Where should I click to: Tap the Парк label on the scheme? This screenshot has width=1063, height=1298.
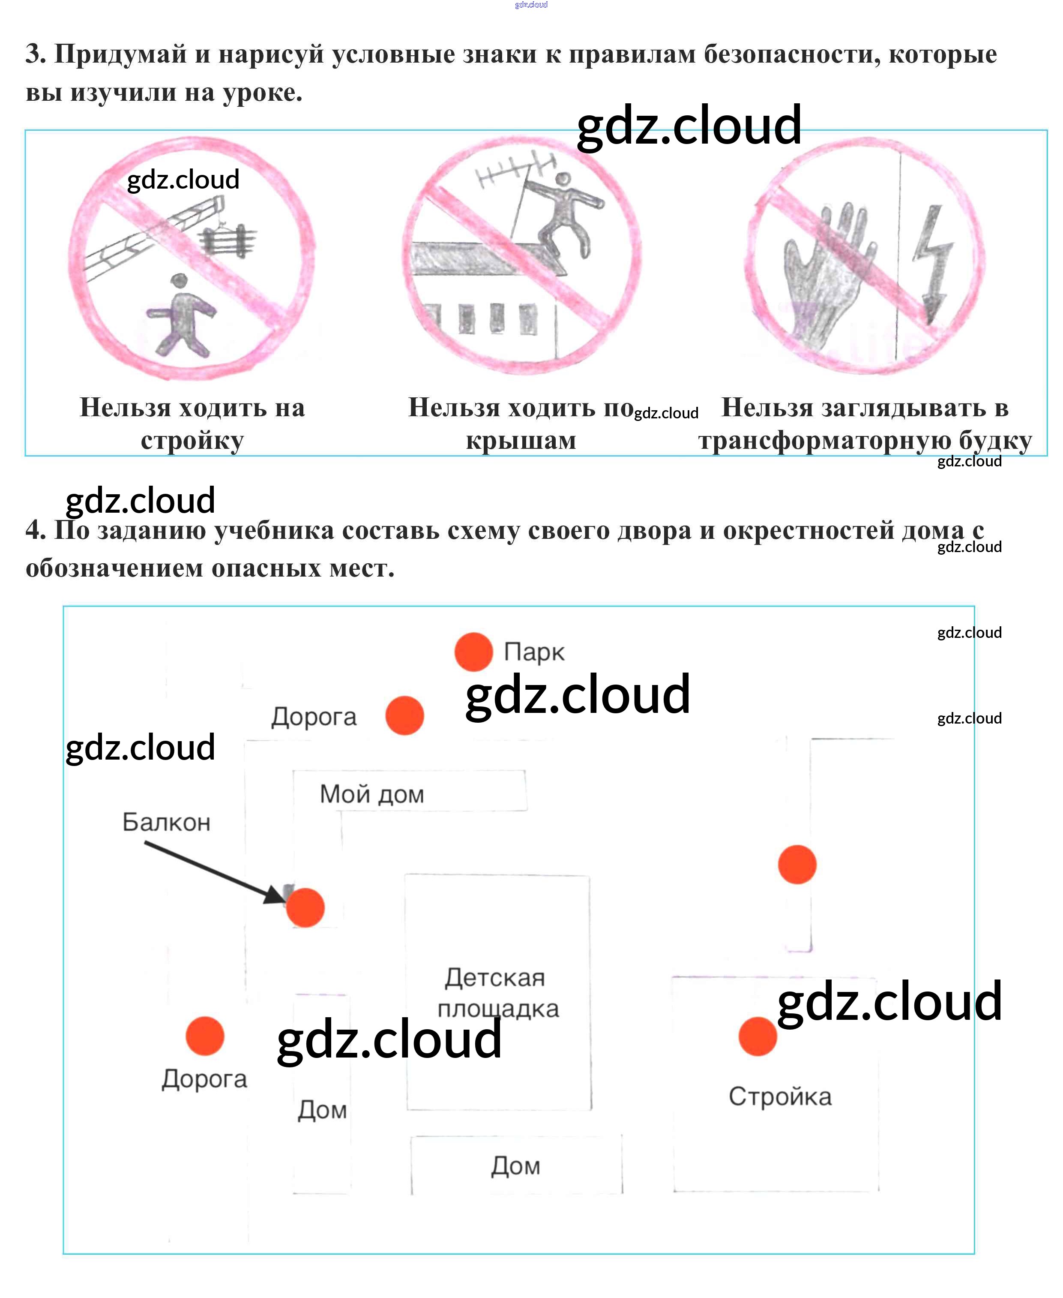pos(534,652)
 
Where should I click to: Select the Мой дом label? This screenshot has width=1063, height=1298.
pos(371,794)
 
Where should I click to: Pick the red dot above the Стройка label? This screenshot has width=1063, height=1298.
pos(758,1037)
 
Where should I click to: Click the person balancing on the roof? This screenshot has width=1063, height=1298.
pos(567,211)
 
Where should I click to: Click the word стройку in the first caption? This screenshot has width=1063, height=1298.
pos(192,440)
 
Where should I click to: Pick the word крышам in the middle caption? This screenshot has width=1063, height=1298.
pos(521,440)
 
